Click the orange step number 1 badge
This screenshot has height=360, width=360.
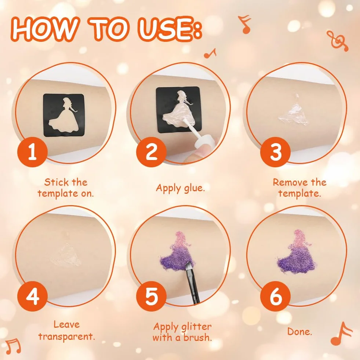(32, 152)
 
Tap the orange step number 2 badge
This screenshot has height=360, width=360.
(151, 152)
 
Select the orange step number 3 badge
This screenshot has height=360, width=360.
(275, 152)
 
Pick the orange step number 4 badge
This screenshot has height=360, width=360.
(32, 296)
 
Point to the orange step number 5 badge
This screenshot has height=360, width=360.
(151, 296)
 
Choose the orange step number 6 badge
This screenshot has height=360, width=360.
(275, 296)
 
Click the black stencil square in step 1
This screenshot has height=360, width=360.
(64, 115)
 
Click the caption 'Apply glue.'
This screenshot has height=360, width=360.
(181, 188)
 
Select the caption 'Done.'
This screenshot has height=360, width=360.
(299, 331)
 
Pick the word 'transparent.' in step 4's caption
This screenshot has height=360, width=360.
(66, 337)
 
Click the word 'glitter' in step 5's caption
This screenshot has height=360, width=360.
(196, 327)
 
